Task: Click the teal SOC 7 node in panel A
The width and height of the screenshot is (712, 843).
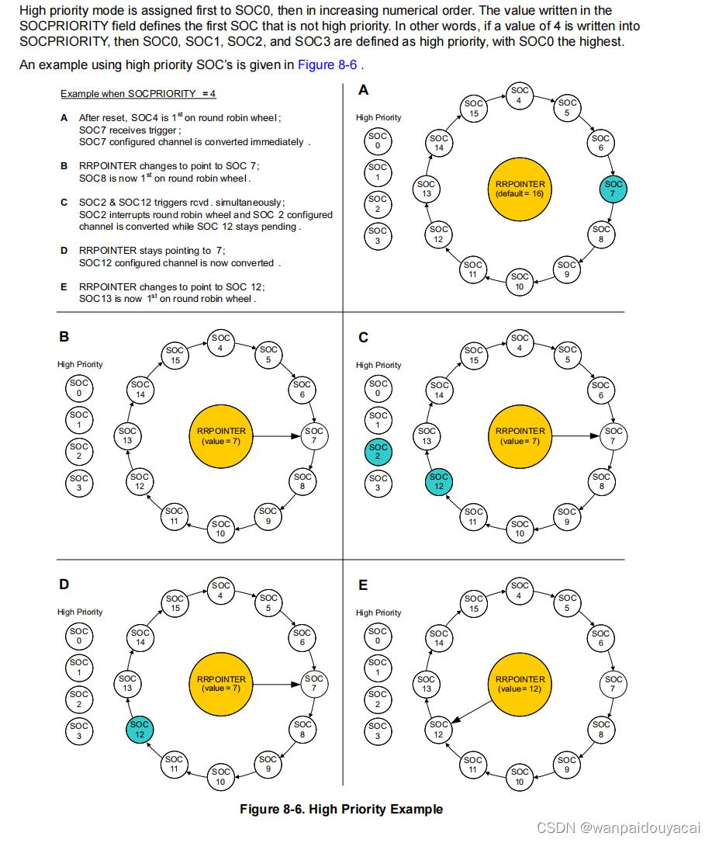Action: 613,188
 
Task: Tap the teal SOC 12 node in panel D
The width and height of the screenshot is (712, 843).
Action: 140,729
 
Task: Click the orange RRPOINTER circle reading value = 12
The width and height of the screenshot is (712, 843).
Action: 520,684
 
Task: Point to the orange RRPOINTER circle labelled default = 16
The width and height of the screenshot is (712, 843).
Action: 520,189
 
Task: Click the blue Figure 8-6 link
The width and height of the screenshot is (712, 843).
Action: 327,65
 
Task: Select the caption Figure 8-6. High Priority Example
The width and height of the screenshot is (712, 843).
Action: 341,809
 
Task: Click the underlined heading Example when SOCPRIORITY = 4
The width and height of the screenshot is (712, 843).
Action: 138,94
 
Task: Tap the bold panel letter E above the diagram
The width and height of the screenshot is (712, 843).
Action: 363,585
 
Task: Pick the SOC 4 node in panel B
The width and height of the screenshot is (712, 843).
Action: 221,342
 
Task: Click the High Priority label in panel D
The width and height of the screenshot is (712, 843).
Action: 80,612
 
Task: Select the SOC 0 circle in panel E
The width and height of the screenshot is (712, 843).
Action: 378,636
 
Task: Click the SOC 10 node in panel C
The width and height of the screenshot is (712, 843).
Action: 520,529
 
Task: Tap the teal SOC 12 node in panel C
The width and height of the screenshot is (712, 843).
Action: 439,481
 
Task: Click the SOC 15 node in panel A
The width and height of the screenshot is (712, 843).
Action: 473,109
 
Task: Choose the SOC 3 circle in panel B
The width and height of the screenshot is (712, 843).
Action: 79,483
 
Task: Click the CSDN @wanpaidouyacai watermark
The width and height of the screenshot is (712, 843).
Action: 618,827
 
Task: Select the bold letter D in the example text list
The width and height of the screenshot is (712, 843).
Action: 64,251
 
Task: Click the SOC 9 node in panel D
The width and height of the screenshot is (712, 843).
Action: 268,764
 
